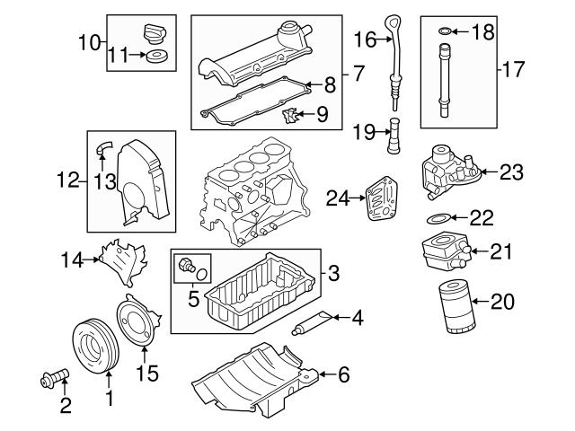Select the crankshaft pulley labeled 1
point(94,343)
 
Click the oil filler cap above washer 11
point(156,36)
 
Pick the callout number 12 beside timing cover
point(68,180)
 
